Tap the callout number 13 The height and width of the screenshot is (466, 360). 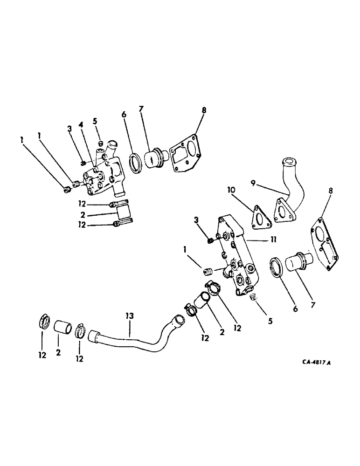click(129, 316)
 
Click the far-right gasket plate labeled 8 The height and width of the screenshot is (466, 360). click(324, 247)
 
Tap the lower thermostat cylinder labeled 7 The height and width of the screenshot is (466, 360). click(295, 262)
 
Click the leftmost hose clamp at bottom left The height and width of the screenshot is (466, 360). click(43, 322)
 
